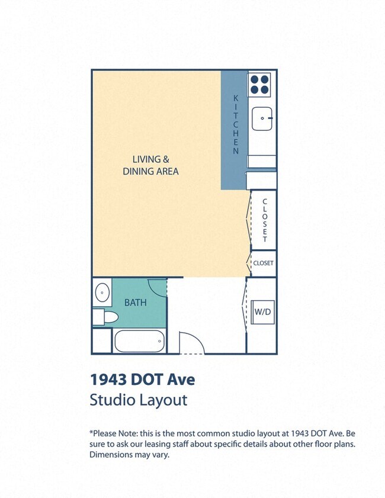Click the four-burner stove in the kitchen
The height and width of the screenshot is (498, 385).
[x=259, y=84]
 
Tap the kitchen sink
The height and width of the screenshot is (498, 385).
[x=261, y=119]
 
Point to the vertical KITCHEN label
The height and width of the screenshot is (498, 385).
[x=236, y=124]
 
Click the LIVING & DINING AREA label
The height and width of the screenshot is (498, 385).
[x=150, y=165]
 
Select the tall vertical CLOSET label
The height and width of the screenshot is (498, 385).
[x=265, y=220]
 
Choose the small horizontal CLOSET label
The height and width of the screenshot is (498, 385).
[x=263, y=263]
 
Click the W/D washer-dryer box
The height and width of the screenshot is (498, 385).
[x=263, y=312]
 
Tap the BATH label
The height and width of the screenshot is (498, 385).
[x=135, y=303]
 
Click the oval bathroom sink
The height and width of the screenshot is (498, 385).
[x=102, y=292]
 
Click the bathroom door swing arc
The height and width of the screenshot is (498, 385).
[x=157, y=288]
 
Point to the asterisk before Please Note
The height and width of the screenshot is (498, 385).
[x=91, y=433]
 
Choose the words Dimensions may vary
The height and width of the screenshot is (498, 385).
[x=129, y=455]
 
